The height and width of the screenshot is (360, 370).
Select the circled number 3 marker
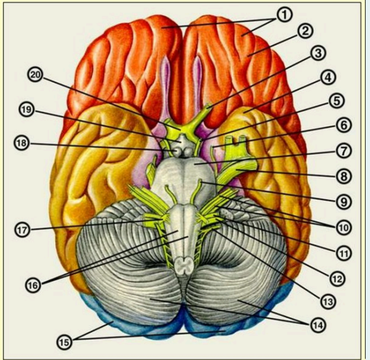coord(316,53)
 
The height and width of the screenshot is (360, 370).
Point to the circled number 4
coord(328,77)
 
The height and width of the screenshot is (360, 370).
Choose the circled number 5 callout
coord(336,100)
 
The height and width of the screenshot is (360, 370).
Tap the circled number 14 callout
coord(318,324)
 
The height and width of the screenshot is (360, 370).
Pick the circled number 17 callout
coord(23,230)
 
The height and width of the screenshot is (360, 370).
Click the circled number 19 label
coord(26,111)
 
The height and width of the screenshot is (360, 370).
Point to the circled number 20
coord(36,75)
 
